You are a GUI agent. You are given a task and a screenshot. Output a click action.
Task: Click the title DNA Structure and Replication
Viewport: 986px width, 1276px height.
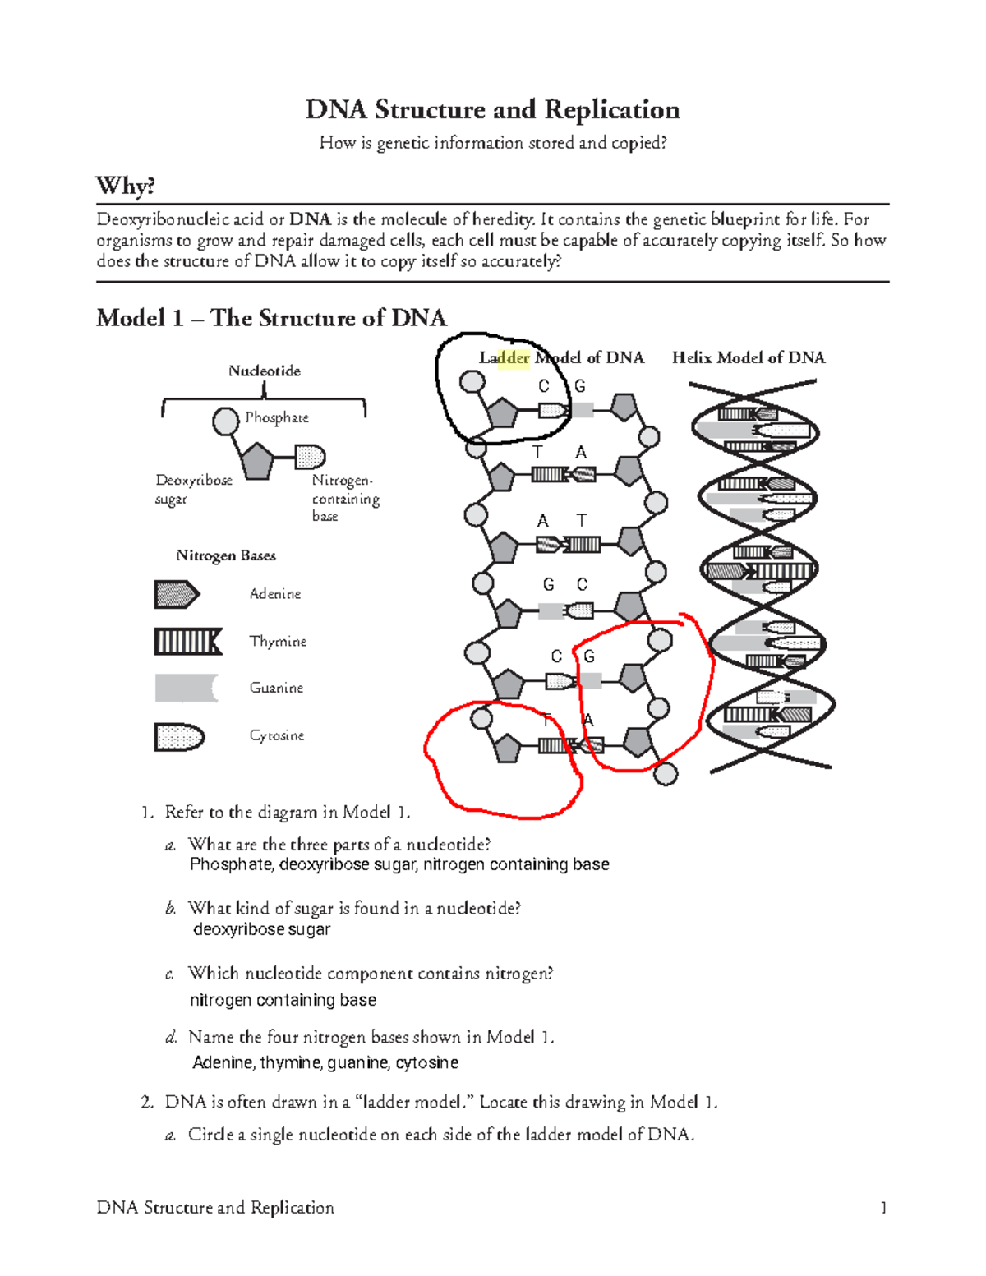point(492,109)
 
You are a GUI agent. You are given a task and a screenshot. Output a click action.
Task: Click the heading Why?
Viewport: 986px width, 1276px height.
point(126,186)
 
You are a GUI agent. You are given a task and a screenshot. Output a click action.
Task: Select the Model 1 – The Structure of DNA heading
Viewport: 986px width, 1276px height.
point(271,318)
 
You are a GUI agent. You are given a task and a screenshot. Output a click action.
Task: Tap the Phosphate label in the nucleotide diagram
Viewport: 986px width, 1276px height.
point(277,417)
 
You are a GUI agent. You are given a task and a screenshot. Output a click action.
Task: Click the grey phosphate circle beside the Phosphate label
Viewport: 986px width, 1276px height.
point(225,421)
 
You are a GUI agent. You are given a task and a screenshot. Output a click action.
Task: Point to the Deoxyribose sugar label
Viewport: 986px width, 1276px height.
point(194,489)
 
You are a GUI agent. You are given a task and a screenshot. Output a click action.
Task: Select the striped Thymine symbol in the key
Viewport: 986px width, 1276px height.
point(188,641)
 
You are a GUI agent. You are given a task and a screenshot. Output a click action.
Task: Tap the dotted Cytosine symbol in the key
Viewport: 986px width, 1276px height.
point(179,736)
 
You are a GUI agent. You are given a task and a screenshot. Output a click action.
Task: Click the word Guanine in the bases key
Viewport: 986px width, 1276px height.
point(276,688)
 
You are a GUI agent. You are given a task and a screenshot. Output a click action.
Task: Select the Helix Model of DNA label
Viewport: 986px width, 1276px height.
point(749,357)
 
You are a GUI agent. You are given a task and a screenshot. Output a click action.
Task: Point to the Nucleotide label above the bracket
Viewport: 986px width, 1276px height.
point(264,371)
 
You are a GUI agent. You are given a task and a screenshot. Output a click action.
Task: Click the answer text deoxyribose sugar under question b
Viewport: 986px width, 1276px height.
point(261,929)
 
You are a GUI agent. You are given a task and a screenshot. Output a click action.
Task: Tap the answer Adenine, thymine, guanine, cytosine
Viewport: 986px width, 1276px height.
point(325,1062)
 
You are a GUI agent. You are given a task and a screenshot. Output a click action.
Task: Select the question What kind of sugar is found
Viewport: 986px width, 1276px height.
point(354,908)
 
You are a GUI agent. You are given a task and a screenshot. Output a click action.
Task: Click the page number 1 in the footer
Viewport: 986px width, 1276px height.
point(883,1207)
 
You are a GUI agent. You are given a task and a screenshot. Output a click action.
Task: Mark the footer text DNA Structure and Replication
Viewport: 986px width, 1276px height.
point(215,1207)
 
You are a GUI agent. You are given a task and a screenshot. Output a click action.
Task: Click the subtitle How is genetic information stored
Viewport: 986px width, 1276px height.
point(493,143)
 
